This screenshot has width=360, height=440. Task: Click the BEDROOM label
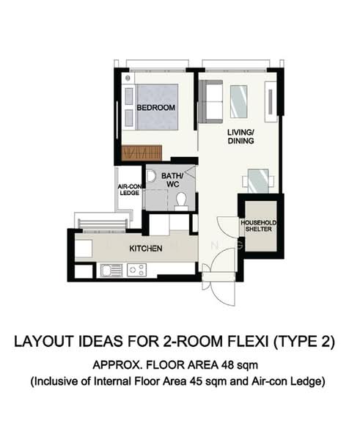tap(156, 108)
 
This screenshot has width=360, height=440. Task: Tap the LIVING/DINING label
tap(240, 136)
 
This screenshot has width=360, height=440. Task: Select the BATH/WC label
tap(172, 180)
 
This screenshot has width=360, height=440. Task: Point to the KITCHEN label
tap(145, 249)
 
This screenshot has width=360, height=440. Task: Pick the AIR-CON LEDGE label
tap(130, 190)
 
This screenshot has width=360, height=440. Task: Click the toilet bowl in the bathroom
tap(181, 199)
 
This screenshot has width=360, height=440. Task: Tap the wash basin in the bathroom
tap(152, 177)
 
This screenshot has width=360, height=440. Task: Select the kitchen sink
tap(111, 270)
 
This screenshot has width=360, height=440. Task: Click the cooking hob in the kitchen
tap(136, 270)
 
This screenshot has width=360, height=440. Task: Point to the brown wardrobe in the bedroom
tap(142, 153)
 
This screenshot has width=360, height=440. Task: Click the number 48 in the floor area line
tap(221, 364)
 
